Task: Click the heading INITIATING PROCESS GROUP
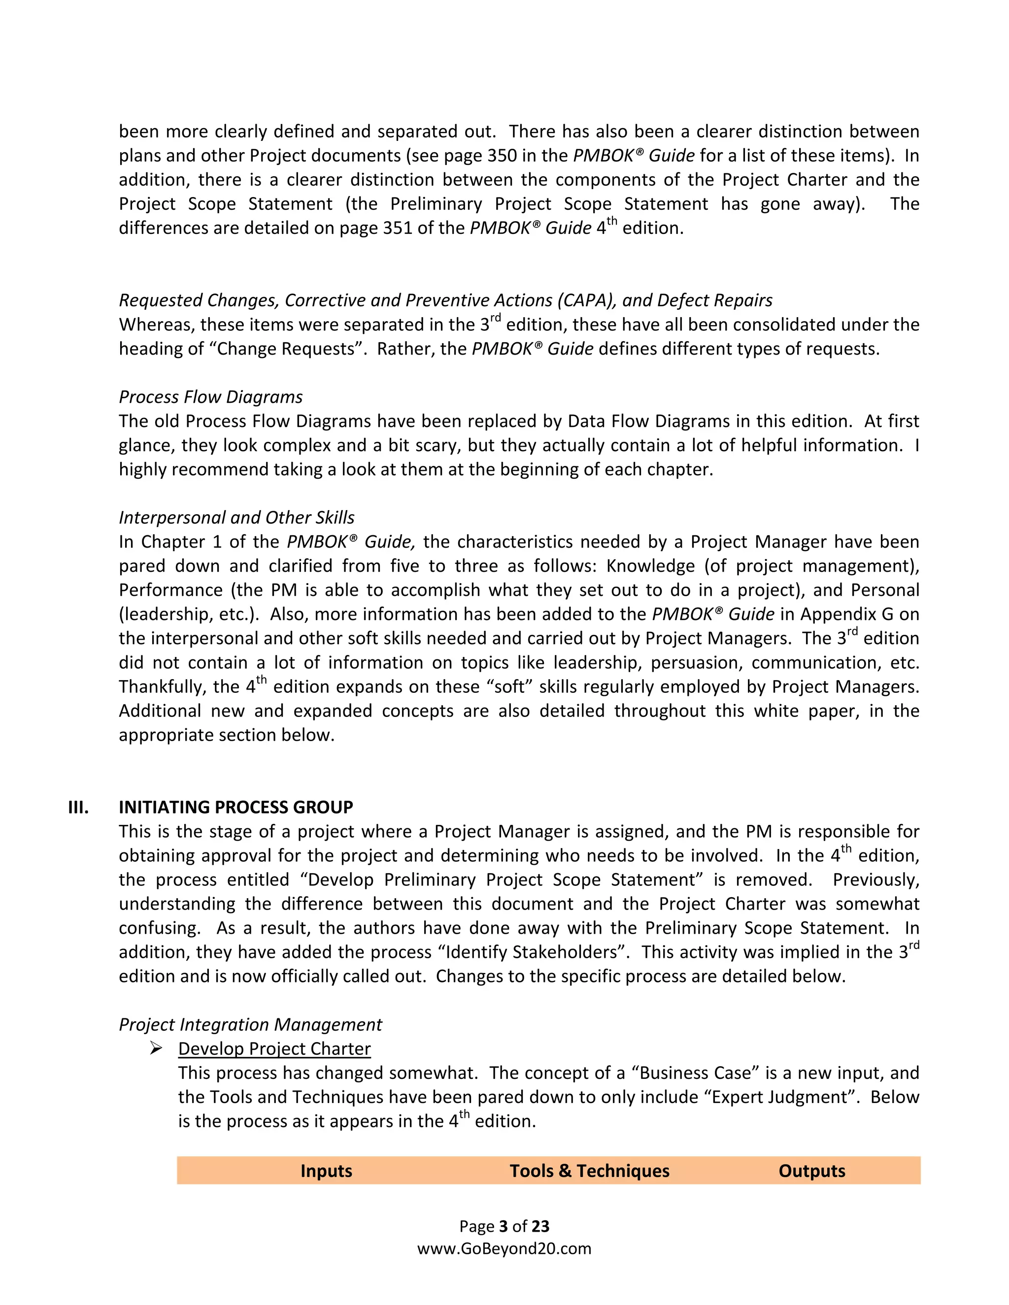tap(235, 807)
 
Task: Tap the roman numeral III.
tap(78, 807)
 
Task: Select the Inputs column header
tap(326, 1171)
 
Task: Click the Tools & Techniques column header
tap(589, 1171)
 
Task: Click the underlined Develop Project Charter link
tap(274, 1048)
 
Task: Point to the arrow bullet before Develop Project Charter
tap(156, 1048)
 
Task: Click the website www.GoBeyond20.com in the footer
tap(504, 1248)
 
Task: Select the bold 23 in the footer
tap(540, 1226)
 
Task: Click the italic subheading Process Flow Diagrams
tap(210, 397)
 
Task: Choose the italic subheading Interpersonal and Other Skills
tap(236, 518)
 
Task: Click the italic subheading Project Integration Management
tap(250, 1024)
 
